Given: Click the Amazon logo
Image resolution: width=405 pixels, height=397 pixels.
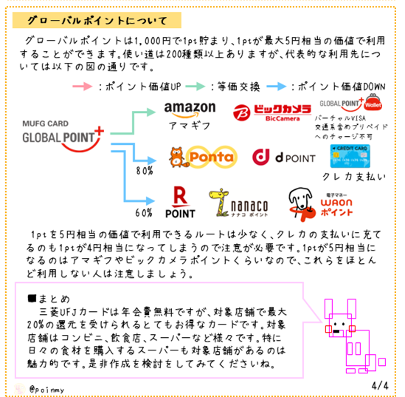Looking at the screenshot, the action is coord(190,109).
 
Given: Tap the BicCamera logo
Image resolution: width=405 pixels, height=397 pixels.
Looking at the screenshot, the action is coord(272,112).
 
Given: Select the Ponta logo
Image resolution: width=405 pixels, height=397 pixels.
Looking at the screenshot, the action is coord(203,157).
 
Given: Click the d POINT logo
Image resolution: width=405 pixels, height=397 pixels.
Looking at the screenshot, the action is coord(284,157).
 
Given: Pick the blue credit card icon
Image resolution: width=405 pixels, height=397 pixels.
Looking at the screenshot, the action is coord(350,156).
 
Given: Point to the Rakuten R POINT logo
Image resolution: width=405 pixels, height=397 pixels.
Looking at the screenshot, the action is coord(180,203).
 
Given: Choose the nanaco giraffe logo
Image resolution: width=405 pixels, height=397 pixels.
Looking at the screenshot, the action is coord(238,203).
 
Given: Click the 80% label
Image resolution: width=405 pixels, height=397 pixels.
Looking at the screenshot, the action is coord(145,171).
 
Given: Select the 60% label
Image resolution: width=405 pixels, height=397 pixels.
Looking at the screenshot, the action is coord(144,213).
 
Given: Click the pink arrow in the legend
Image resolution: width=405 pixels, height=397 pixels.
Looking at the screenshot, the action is coord(83,86).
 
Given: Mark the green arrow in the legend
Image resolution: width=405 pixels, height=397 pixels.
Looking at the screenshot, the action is coord(195,86).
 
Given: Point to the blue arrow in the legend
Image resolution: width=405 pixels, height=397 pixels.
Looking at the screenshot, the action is coord(277,86).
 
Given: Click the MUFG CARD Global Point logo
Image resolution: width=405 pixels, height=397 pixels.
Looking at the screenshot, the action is coord(63,136).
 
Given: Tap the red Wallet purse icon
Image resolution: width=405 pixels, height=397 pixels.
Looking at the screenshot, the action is coord(373,102).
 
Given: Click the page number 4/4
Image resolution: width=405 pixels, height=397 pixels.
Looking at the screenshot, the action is coord(380,386).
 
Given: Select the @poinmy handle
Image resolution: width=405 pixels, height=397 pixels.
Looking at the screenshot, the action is coord(46,390).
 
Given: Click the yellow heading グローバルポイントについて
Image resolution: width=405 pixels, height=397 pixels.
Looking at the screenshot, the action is coord(97,20).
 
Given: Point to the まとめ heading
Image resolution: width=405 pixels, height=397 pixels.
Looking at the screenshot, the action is coord(49,299).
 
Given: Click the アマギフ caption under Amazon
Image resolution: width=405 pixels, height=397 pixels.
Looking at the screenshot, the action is coord(190,126).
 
